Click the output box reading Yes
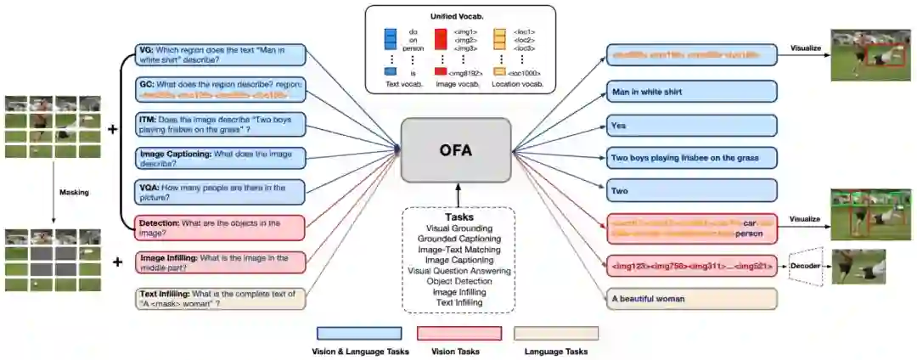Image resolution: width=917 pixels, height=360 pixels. (x=692, y=127)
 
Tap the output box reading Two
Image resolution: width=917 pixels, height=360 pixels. (x=692, y=191)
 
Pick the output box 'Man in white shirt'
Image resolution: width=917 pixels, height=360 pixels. (x=692, y=92)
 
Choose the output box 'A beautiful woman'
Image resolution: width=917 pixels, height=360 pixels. (x=692, y=299)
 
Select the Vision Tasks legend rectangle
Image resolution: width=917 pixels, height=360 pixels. (x=458, y=333)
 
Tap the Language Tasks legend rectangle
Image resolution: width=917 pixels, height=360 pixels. (x=555, y=333)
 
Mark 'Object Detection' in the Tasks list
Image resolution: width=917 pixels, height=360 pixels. (x=459, y=281)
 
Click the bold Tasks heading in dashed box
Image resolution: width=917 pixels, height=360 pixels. (x=459, y=216)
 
